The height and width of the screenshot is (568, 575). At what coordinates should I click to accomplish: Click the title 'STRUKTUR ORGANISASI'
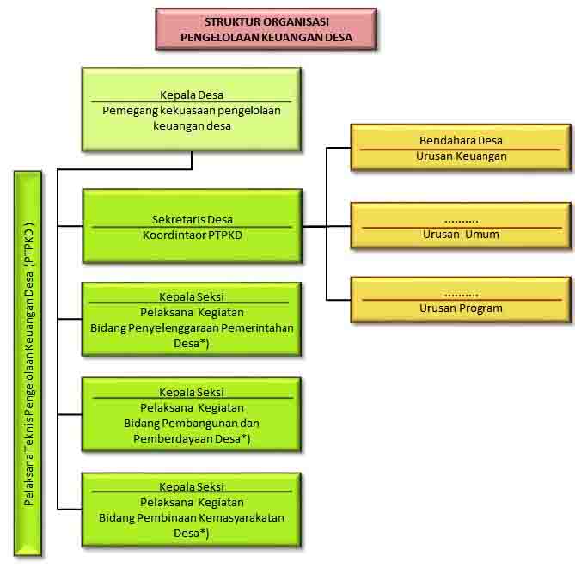click(x=266, y=21)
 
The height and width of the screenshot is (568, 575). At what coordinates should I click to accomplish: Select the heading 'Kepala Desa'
click(x=192, y=95)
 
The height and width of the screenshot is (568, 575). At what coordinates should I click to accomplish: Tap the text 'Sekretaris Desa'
click(x=192, y=219)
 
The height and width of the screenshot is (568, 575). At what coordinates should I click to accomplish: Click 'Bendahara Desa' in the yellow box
click(x=461, y=141)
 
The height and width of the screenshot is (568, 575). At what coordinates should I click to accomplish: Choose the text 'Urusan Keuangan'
click(x=461, y=156)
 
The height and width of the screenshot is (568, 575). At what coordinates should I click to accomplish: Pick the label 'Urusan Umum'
click(x=461, y=234)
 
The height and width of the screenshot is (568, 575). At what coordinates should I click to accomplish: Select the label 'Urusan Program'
click(x=461, y=308)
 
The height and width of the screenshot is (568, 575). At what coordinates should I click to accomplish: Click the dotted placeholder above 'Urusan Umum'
click(x=461, y=219)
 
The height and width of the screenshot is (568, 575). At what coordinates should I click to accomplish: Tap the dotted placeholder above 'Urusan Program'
click(x=461, y=294)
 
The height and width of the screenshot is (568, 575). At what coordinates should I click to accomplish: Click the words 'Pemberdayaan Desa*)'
click(x=192, y=438)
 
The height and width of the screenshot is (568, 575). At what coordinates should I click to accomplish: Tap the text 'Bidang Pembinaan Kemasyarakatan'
click(x=192, y=517)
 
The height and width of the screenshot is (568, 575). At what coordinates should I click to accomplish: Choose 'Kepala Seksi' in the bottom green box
click(x=192, y=486)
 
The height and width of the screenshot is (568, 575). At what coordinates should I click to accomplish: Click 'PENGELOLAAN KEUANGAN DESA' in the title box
click(x=266, y=38)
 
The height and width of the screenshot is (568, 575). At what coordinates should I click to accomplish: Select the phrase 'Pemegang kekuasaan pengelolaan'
click(x=192, y=110)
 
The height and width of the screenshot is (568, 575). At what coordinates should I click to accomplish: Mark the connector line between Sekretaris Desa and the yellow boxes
click(x=315, y=227)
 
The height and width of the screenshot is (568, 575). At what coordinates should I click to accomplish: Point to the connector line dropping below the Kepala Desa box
click(x=192, y=161)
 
